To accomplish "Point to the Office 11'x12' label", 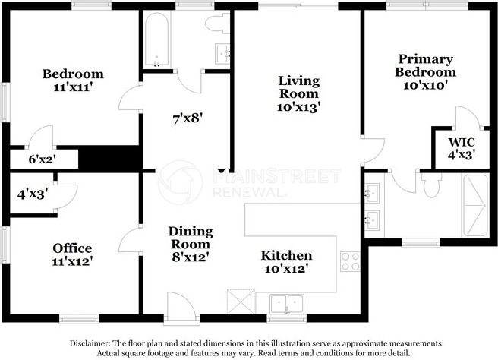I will pos(73,254).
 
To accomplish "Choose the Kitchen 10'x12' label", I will pos(286,261).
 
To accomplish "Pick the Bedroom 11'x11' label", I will pos(73,81).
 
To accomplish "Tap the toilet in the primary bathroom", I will pos(432,185).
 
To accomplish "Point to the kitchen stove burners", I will pos(351,261).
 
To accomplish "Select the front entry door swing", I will pos(181,305).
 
